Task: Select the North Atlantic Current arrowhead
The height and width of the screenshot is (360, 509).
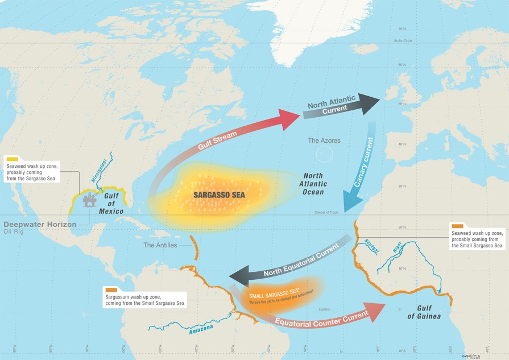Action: click(370, 104)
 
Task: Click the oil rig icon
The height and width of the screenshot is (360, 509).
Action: click(89, 201)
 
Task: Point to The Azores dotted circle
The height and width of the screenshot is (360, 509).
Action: click(324, 153)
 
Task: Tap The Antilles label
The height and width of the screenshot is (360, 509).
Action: click(160, 245)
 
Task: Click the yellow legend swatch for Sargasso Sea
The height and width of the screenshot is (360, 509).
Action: click(11, 159)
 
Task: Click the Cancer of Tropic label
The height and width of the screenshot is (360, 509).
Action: click(327, 213)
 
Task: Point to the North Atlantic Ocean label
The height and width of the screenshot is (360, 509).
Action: click(313, 184)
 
